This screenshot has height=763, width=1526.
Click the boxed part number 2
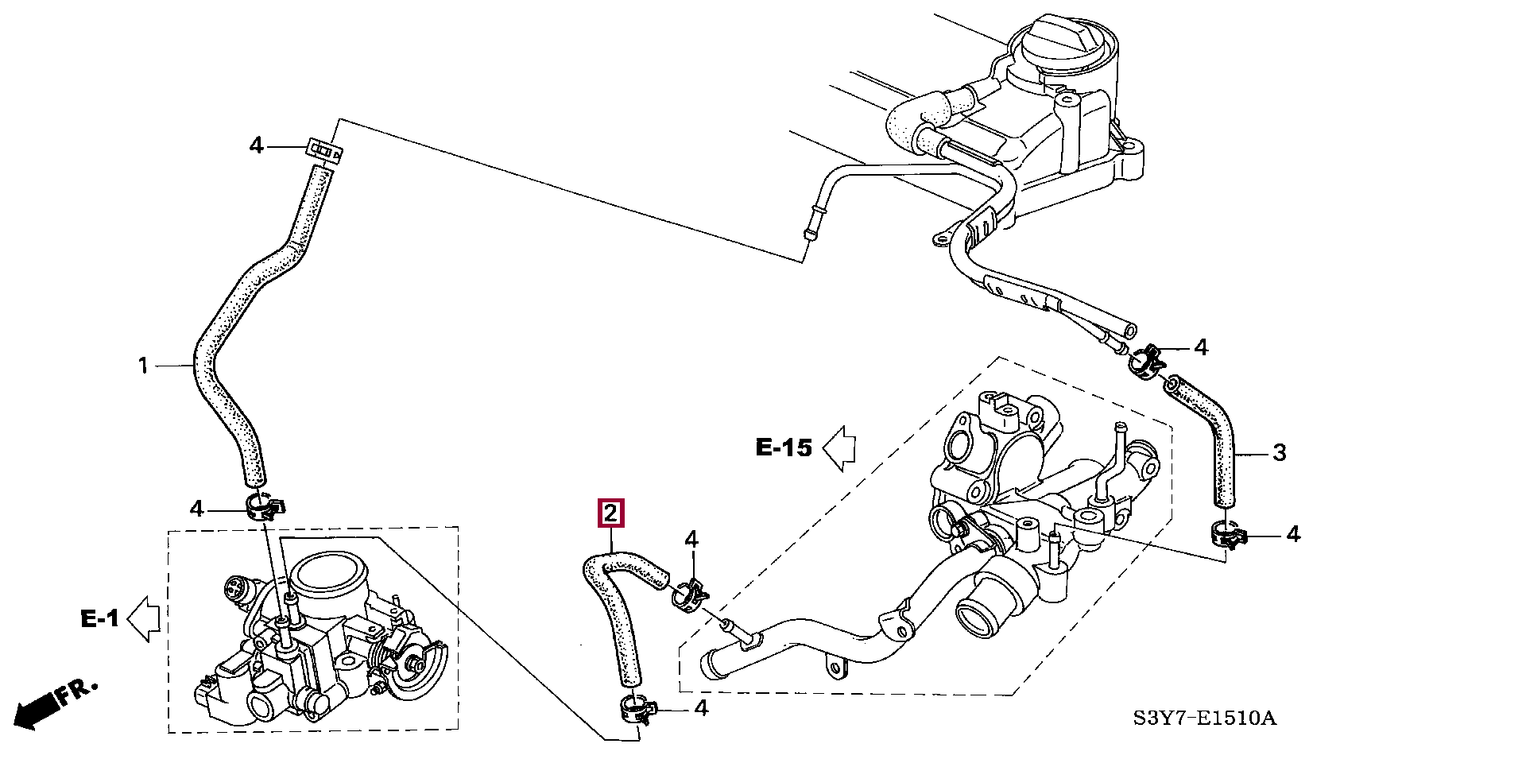(611, 513)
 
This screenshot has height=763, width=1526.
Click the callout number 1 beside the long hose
(143, 366)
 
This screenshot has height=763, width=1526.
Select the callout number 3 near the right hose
(1279, 453)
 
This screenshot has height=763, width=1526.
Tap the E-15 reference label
(784, 448)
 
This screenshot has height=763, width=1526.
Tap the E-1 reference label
(99, 618)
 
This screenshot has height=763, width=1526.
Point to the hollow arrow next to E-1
(144, 619)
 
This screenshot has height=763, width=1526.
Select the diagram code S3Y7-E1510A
(1204, 718)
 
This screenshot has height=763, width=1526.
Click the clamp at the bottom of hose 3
(1228, 534)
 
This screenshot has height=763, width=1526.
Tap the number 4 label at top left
(256, 146)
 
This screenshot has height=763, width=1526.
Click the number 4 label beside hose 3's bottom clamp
(1293, 535)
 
